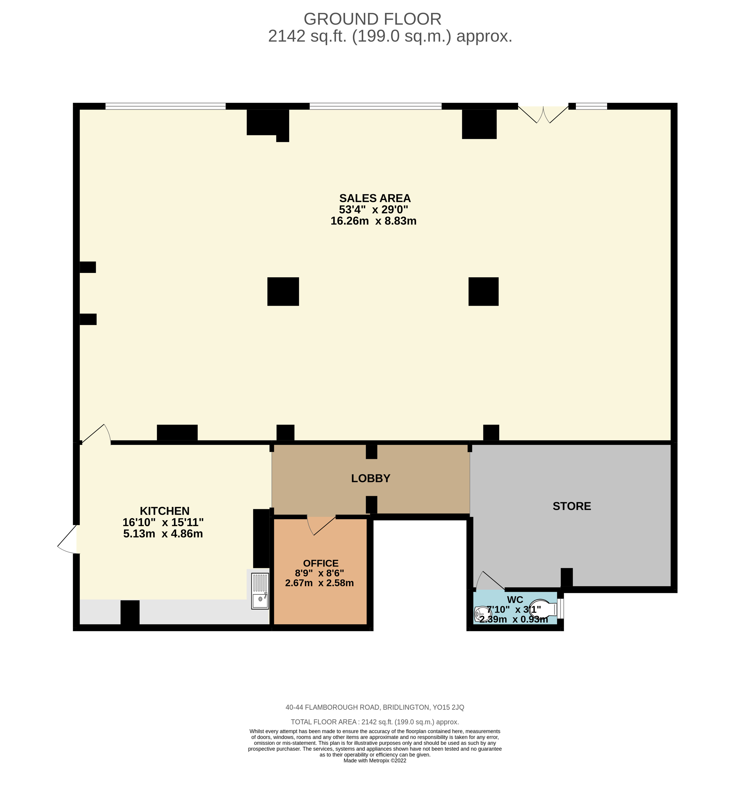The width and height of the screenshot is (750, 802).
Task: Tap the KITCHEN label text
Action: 164,511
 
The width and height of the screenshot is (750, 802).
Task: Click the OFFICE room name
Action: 320,563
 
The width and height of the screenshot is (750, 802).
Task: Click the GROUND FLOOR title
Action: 372,19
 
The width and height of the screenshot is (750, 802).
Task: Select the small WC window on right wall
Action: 560,609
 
